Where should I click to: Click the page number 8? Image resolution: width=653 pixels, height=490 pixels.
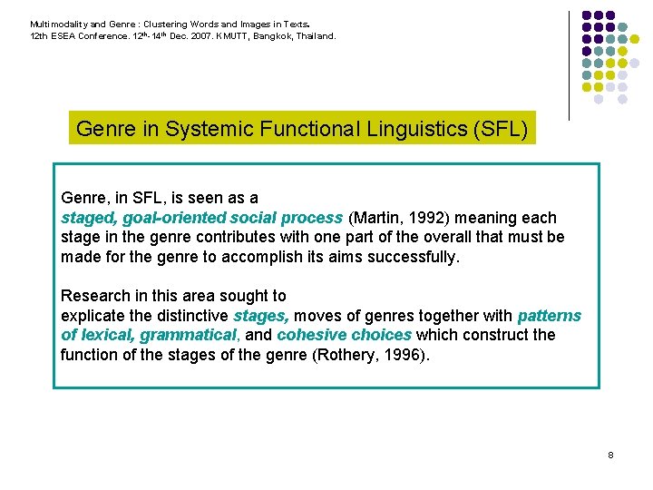pos(611,454)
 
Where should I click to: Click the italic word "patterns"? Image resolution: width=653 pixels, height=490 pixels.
pos(549,316)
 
